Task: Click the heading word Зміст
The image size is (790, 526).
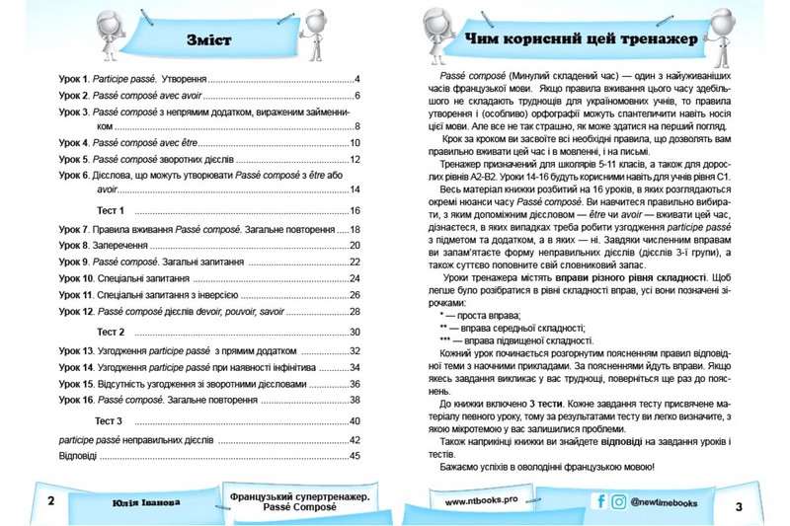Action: click(207, 40)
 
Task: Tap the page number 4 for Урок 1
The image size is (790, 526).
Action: click(358, 78)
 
